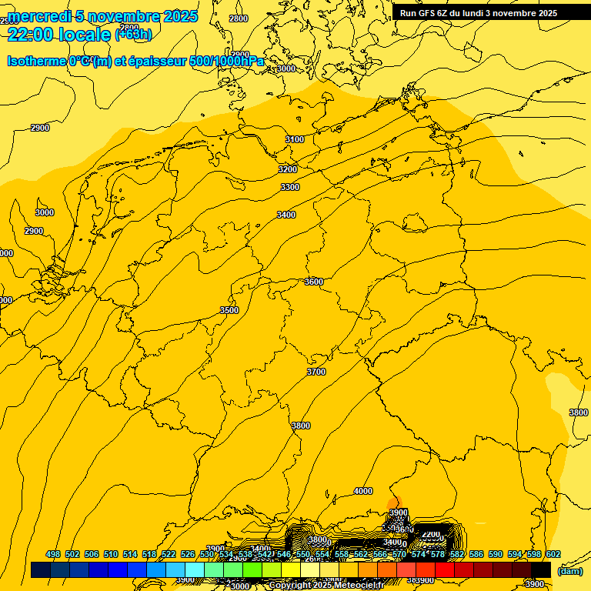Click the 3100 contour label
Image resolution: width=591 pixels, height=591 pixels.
click(295, 139)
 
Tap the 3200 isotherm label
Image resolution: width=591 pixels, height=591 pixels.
click(288, 169)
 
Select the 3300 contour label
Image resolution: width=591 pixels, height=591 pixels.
click(290, 187)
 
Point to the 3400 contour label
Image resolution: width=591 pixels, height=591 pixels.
click(286, 215)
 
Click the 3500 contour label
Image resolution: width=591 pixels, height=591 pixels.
click(229, 310)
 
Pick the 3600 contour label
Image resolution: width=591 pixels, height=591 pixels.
click(314, 282)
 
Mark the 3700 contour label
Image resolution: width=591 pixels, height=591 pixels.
click(316, 372)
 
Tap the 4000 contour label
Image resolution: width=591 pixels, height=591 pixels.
click(362, 491)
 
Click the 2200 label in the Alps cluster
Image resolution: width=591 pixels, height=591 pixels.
click(431, 534)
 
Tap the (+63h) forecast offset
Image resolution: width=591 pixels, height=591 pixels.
click(133, 35)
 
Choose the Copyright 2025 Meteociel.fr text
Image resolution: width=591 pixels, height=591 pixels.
click(337, 586)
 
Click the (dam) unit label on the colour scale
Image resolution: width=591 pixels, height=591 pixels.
click(569, 571)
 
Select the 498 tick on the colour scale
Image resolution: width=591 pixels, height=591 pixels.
click(53, 554)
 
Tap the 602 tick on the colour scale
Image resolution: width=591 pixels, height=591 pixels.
click(553, 554)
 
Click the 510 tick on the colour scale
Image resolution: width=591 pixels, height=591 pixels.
click(111, 554)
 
